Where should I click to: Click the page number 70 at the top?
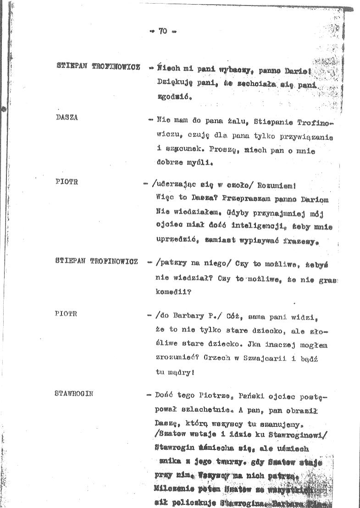point(163,32)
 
